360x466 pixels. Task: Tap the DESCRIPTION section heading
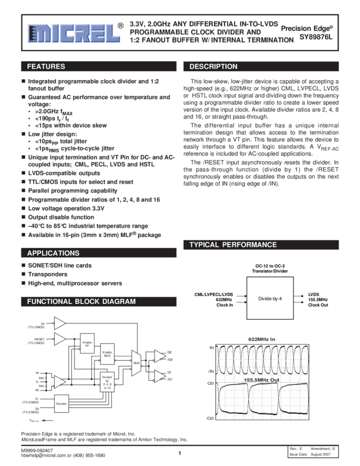coord(214,67)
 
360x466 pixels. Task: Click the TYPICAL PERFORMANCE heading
coord(233,245)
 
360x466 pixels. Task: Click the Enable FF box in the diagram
coord(87,344)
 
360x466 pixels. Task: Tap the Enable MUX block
coord(107,354)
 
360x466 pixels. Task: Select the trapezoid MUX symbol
coord(136,363)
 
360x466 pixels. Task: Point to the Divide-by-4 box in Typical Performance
coord(269,299)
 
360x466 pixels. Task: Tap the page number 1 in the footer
coord(179,453)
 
